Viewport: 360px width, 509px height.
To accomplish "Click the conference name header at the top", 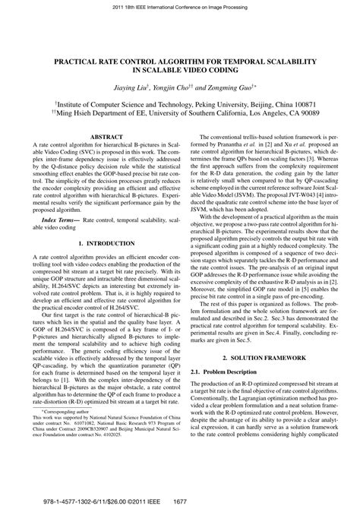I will (x=180, y=5).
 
